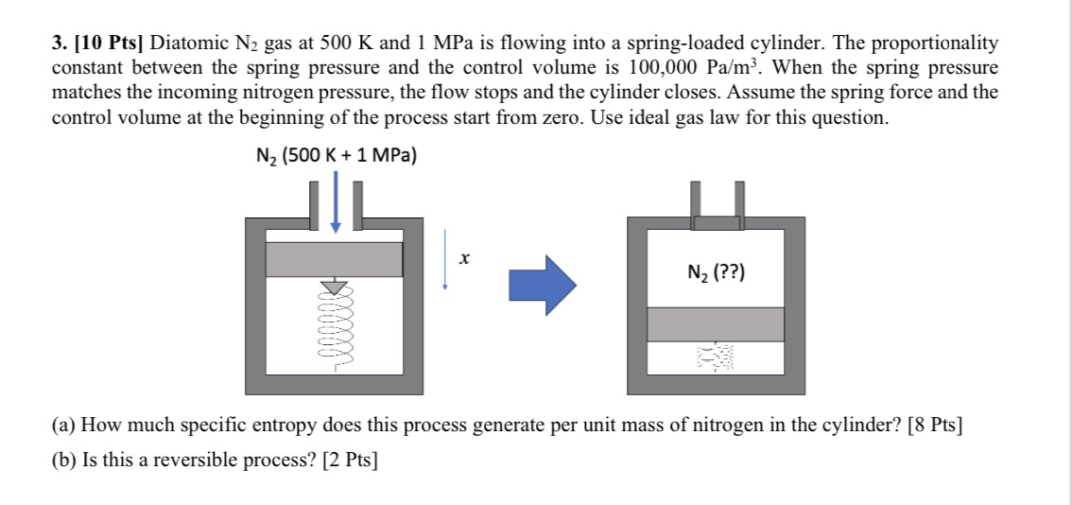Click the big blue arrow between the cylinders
(x=543, y=285)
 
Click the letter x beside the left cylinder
(x=464, y=259)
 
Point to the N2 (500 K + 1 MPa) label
(x=336, y=157)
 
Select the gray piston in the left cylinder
(x=334, y=259)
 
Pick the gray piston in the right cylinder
(x=716, y=324)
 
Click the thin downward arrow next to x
(x=445, y=259)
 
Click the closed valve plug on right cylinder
(x=716, y=223)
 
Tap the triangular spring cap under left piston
(x=335, y=286)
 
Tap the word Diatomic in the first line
(x=185, y=44)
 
